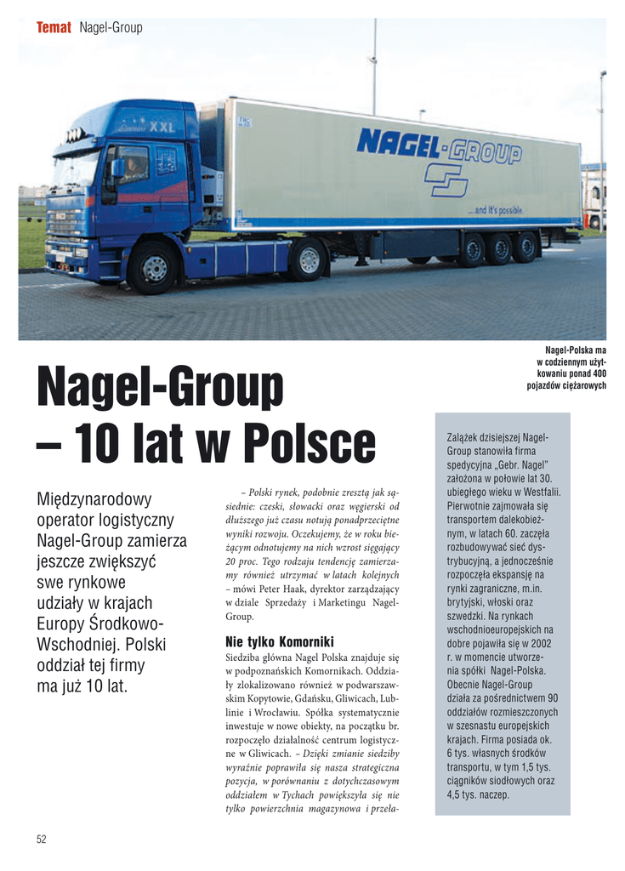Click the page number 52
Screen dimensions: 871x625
[41, 840]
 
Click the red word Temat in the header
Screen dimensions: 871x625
[53, 28]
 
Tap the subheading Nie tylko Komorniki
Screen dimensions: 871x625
[279, 640]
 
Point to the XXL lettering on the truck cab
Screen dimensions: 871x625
[162, 127]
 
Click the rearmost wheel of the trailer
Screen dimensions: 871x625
[525, 247]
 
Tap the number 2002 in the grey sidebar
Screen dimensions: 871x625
[538, 644]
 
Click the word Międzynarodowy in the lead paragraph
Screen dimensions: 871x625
[94, 498]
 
